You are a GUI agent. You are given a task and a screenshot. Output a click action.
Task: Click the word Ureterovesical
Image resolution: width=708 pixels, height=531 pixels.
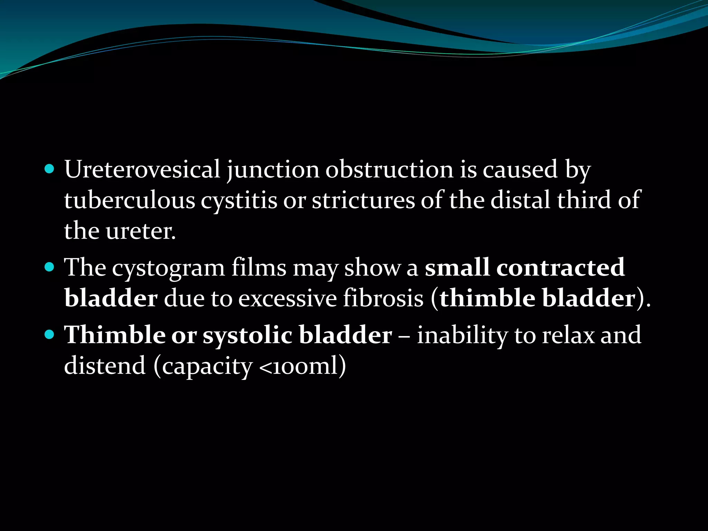click(142, 169)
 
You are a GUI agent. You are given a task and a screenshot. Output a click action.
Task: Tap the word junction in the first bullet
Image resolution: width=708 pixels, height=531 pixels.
click(273, 170)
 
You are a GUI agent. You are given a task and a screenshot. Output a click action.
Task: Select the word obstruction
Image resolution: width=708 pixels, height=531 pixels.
click(389, 169)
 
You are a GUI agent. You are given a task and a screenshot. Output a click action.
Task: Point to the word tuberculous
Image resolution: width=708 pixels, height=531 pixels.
click(130, 200)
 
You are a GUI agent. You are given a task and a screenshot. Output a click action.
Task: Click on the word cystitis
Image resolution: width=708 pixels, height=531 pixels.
click(239, 201)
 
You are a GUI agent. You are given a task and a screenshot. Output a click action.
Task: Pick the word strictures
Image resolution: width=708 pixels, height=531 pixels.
click(363, 200)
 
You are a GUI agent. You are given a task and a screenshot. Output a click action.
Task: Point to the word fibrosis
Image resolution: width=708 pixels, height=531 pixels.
click(383, 298)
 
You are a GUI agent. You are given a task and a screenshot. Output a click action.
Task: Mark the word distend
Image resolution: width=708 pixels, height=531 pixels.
click(105, 365)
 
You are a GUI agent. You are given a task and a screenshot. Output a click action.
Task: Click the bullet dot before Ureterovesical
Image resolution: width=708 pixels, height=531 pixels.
click(50, 169)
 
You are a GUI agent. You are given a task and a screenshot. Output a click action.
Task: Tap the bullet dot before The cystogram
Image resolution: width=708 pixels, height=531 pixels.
click(50, 267)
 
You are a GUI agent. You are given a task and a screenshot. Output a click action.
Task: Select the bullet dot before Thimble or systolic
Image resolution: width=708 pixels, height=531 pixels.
click(50, 335)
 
